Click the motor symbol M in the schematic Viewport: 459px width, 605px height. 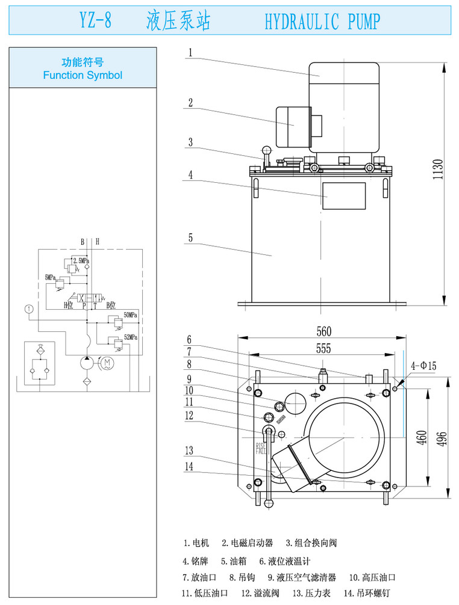tap(107, 363)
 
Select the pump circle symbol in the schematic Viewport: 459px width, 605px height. tap(86, 363)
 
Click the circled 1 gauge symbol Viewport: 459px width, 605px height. tap(28, 309)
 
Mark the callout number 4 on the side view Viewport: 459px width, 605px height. tap(190, 175)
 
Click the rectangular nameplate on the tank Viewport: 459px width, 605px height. tap(343, 196)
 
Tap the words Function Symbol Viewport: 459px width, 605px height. tap(83, 75)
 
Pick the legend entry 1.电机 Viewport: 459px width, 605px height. tap(196, 543)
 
